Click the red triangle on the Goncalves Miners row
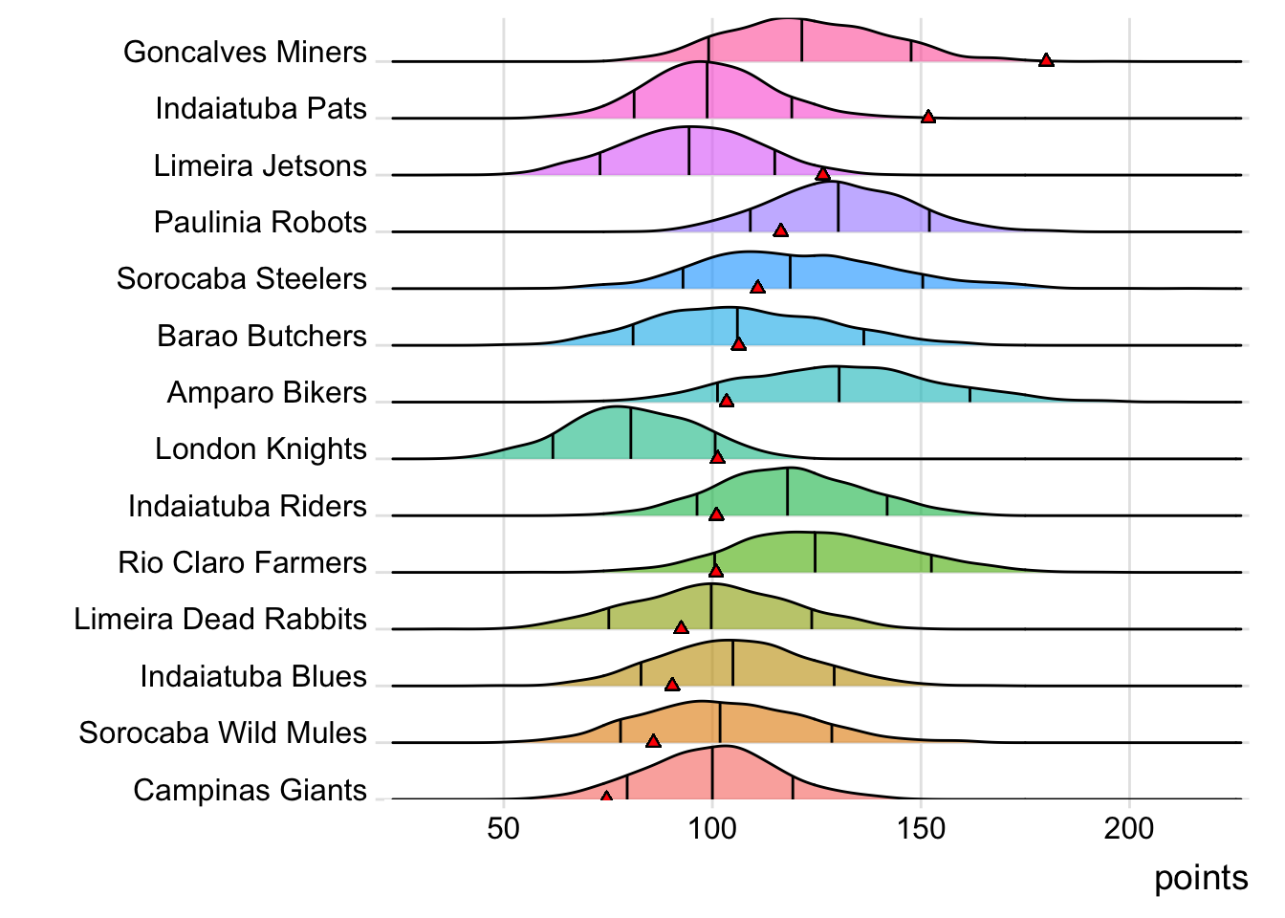click(x=1046, y=60)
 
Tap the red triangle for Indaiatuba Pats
click(x=927, y=117)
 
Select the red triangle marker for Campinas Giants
click(x=606, y=796)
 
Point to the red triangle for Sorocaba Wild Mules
click(x=653, y=741)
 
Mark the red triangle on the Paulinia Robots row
click(x=780, y=230)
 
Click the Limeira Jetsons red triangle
click(x=822, y=173)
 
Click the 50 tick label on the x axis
click(x=503, y=828)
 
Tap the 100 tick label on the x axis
click(x=711, y=828)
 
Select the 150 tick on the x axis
click(x=921, y=828)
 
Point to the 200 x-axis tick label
click(x=1129, y=828)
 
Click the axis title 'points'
click(x=1201, y=878)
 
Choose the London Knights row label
click(x=260, y=448)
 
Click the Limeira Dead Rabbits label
click(x=220, y=619)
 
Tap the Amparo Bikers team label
click(x=267, y=392)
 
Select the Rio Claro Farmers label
click(x=242, y=562)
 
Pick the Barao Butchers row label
click(x=262, y=336)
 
